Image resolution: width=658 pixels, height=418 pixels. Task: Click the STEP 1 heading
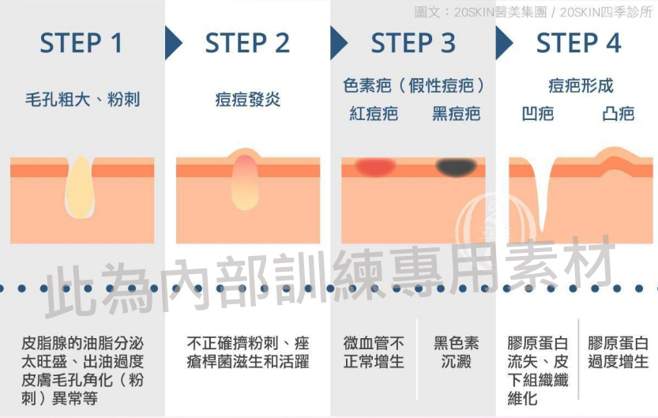click(x=81, y=43)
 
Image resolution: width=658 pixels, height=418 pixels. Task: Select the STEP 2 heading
click(x=247, y=43)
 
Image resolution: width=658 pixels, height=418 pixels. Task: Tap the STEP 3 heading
click(x=413, y=43)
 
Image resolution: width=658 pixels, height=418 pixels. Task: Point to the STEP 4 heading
click(x=579, y=43)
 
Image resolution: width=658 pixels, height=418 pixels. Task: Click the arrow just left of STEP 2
click(x=173, y=43)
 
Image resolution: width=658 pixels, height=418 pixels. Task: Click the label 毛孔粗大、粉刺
click(x=82, y=100)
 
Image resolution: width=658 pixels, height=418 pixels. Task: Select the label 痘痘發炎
click(x=247, y=100)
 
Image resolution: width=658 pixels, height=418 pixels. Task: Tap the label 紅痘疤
click(x=374, y=114)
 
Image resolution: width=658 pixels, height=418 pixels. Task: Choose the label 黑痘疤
click(x=457, y=114)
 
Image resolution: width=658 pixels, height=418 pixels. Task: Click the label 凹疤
click(x=537, y=114)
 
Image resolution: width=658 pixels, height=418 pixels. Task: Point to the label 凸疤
click(x=618, y=114)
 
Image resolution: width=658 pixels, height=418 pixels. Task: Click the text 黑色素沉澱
click(x=456, y=353)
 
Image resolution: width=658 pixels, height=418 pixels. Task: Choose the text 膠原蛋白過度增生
click(x=618, y=353)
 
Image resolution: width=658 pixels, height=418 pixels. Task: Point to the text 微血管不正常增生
click(x=374, y=353)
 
